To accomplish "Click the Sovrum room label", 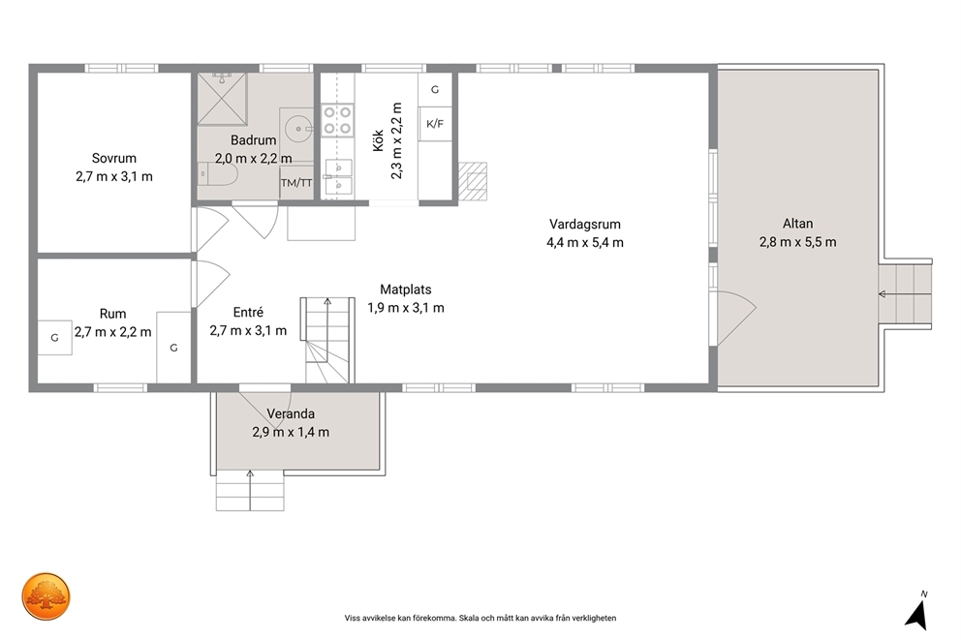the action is pyautogui.click(x=114, y=158).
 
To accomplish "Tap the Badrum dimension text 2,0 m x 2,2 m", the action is pyautogui.click(x=253, y=159).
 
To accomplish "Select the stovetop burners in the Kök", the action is pyautogui.click(x=337, y=119).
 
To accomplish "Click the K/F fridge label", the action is pyautogui.click(x=435, y=124).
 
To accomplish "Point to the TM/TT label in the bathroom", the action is pyautogui.click(x=296, y=182).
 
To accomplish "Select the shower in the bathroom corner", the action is pyautogui.click(x=222, y=99).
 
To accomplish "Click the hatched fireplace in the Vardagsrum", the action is pyautogui.click(x=473, y=181).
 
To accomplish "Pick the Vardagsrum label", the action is pyautogui.click(x=585, y=225).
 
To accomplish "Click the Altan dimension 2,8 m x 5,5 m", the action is pyautogui.click(x=797, y=242).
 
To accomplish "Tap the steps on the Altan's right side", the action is pyautogui.click(x=905, y=294).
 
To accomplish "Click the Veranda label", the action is pyautogui.click(x=291, y=414).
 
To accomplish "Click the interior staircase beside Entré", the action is pyautogui.click(x=327, y=341).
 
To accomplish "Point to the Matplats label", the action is pyautogui.click(x=406, y=290).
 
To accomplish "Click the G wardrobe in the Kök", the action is pyautogui.click(x=435, y=89).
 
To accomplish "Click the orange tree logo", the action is pyautogui.click(x=46, y=596).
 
